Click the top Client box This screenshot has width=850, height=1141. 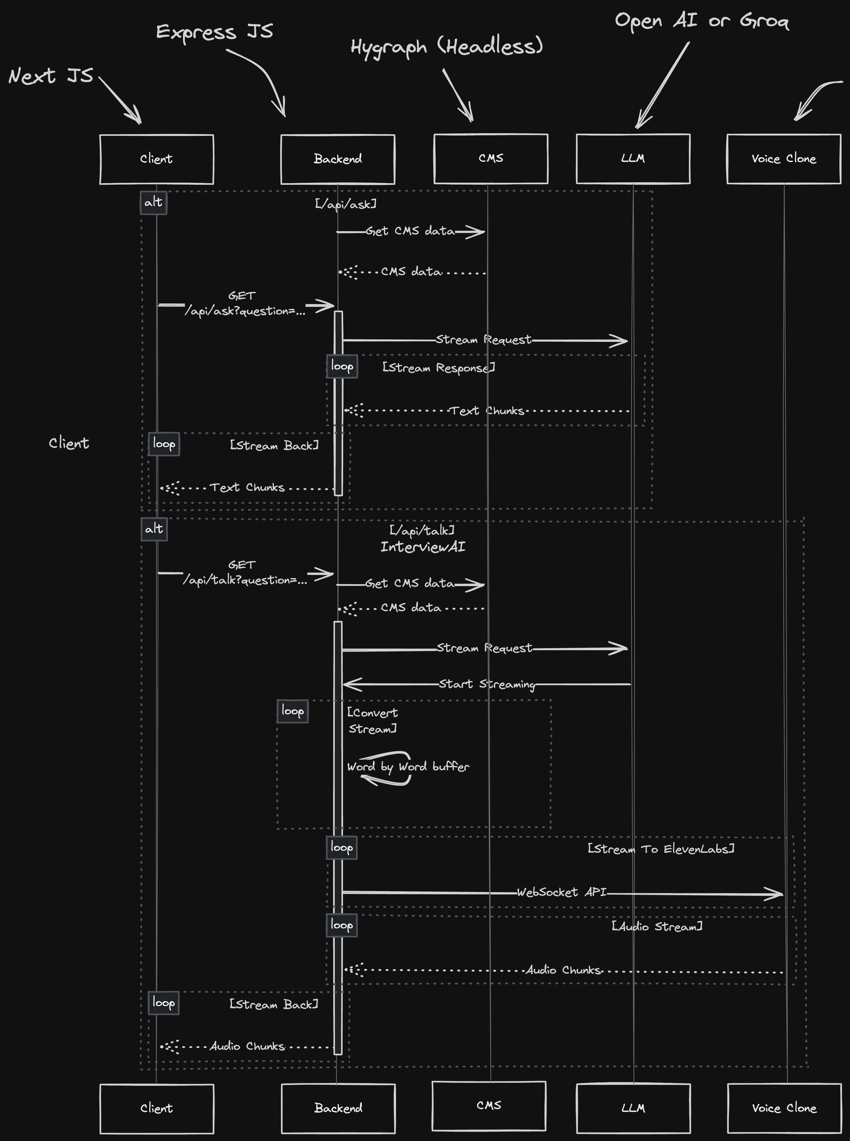click(x=156, y=159)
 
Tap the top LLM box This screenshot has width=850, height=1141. click(x=633, y=159)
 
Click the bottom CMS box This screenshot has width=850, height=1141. click(x=489, y=1106)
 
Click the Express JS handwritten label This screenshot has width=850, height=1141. click(x=215, y=32)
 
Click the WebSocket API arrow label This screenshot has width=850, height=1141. click(x=562, y=892)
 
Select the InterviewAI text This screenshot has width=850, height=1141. click(x=423, y=547)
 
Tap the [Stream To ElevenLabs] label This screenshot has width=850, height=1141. click(x=661, y=849)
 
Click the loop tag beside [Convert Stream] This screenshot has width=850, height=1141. click(x=293, y=711)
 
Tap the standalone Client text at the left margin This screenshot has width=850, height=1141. click(x=69, y=443)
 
